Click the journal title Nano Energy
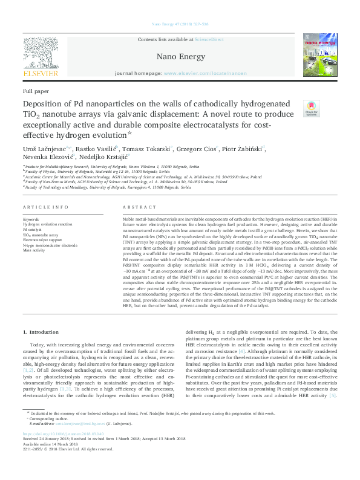[179, 54]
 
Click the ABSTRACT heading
[135, 207]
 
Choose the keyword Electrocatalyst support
[44, 240]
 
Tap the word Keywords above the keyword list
[31, 219]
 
